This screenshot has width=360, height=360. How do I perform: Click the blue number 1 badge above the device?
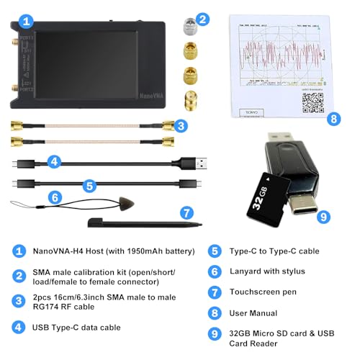pyautogui.click(x=26, y=20)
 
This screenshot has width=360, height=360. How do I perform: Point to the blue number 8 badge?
pyautogui.click(x=333, y=119)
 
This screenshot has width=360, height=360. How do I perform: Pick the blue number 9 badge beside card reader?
pyautogui.click(x=324, y=215)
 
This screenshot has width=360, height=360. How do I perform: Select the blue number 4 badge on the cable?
pyautogui.click(x=53, y=161)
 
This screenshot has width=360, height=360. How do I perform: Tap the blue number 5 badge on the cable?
pyautogui.click(x=89, y=185)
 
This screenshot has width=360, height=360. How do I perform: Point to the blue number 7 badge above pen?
pyautogui.click(x=186, y=212)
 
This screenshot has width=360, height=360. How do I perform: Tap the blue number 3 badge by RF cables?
pyautogui.click(x=182, y=126)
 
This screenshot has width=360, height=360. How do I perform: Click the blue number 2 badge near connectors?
pyautogui.click(x=203, y=19)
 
